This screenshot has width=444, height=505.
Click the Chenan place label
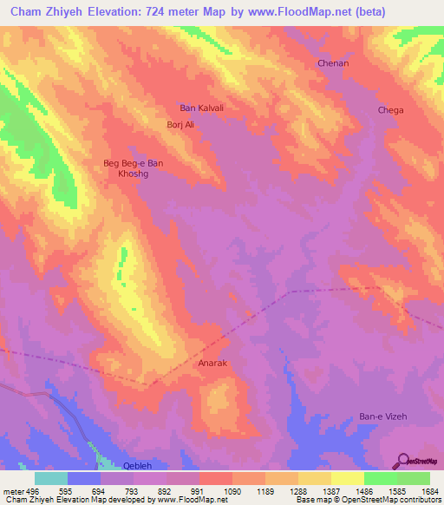pos(332,64)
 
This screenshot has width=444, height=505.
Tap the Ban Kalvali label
pos(201,108)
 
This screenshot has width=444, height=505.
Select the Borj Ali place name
pos(180,125)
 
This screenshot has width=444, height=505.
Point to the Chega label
pos(389,110)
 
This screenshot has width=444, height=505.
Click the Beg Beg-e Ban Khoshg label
pos(133,168)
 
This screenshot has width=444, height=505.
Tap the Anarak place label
pos(212,364)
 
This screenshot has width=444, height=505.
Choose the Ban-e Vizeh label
pos(382,416)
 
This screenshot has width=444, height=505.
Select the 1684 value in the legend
pos(426,490)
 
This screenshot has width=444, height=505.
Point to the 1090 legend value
pos(232,490)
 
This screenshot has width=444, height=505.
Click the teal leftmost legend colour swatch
pos(51,478)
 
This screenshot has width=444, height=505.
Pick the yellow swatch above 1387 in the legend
pos(315,478)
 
